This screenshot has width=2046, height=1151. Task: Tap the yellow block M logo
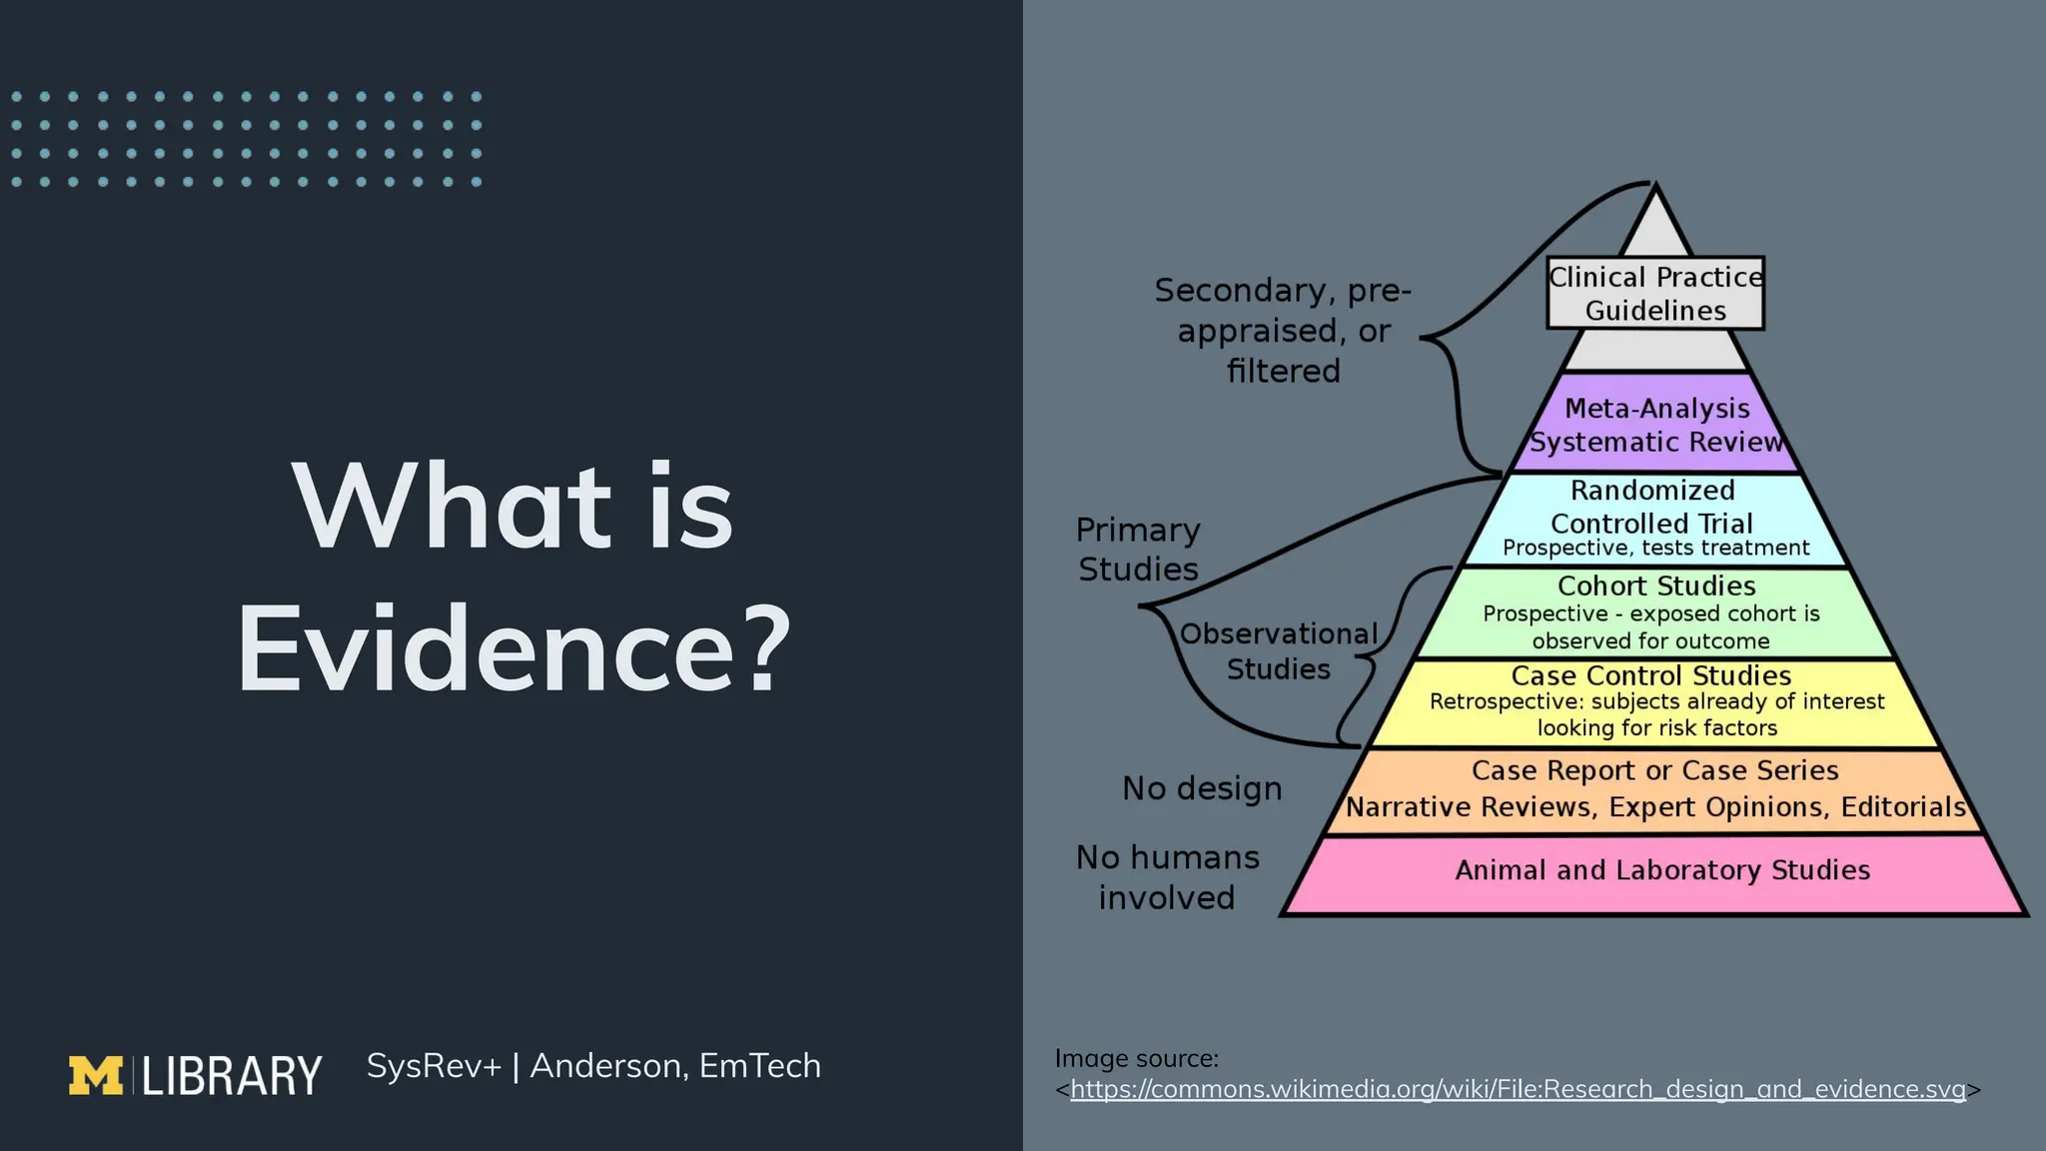[95, 1075]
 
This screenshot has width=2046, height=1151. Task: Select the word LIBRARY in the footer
[232, 1076]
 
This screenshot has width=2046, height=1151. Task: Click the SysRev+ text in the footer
[434, 1066]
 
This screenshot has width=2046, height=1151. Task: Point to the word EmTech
[759, 1066]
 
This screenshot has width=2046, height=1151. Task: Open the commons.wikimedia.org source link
[1518, 1088]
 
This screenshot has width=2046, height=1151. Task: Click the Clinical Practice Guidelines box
[1655, 293]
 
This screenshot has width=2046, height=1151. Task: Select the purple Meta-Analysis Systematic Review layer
[1656, 425]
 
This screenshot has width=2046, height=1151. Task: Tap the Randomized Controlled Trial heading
[1652, 507]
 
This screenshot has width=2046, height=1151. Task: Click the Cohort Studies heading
[1656, 585]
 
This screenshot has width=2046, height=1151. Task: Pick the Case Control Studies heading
[1650, 675]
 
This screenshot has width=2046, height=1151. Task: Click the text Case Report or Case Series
[1654, 770]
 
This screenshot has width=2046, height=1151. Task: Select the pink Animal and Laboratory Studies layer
[1661, 870]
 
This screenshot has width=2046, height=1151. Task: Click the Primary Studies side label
[1138, 549]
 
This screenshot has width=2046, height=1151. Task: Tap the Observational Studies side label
[1278, 650]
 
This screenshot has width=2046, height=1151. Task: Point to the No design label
[1202, 788]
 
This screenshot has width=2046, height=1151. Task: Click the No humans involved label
[1167, 877]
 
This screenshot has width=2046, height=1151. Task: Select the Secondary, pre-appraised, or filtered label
[1283, 330]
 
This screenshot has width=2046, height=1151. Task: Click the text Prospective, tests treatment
[1655, 548]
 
